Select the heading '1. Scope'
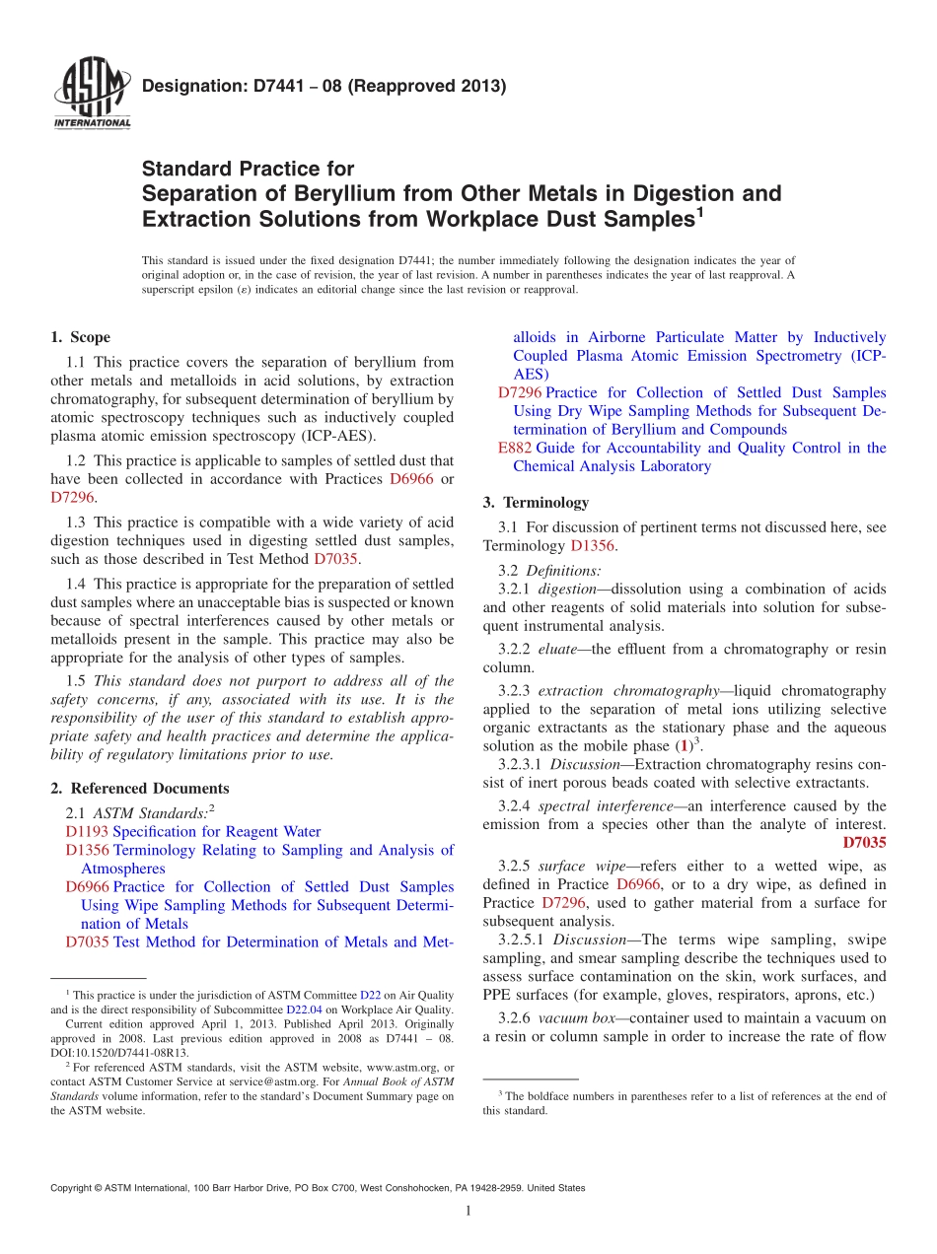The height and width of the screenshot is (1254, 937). point(81,337)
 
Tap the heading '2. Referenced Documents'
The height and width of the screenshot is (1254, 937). point(140,788)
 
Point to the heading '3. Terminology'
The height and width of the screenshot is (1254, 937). point(537,502)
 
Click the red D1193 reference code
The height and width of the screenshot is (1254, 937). point(87,832)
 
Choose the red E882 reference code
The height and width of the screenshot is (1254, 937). point(515,448)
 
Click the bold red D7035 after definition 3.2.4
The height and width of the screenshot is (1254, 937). point(864,842)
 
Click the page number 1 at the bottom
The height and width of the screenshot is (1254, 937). point(468,1211)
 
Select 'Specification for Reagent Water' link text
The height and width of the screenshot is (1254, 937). point(217,832)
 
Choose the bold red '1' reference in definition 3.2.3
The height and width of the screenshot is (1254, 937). point(685,746)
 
